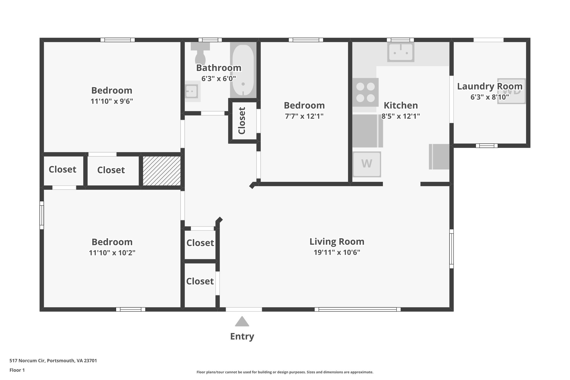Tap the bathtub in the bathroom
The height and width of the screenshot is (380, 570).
tap(243, 70)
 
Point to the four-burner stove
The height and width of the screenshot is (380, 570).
tap(365, 92)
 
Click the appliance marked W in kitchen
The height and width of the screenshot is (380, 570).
tap(367, 164)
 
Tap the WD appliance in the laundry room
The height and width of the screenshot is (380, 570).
tap(512, 91)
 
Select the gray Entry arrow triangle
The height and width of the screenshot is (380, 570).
tap(242, 322)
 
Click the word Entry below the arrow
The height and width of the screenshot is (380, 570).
tap(242, 337)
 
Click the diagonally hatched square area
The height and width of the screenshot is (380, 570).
tap(162, 171)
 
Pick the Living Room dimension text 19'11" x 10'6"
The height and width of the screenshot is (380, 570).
tap(337, 252)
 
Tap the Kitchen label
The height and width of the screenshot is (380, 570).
tap(401, 106)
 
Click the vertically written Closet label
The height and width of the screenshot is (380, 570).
tap(242, 121)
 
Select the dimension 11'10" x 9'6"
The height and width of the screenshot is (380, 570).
tap(112, 101)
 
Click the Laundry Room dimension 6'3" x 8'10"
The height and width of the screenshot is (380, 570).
tap(490, 97)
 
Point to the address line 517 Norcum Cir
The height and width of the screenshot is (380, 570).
tap(53, 361)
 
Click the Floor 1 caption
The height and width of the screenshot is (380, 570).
tap(17, 370)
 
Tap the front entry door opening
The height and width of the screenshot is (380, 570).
tap(244, 309)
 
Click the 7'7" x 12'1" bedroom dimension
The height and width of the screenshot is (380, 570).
tap(304, 116)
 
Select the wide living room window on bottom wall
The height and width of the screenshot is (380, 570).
tap(357, 309)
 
